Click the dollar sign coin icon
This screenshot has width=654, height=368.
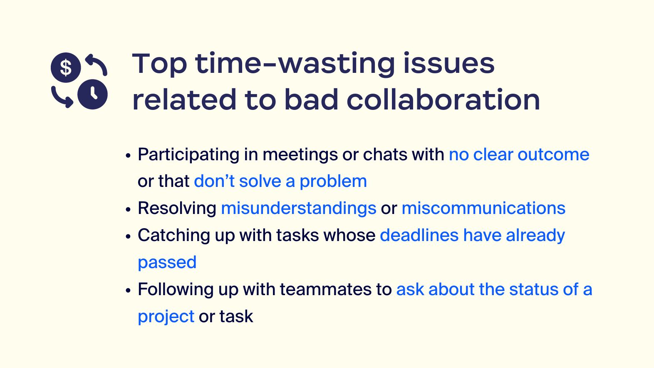click(66, 67)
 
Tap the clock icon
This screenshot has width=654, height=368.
click(92, 94)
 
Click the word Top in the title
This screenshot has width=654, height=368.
click(159, 64)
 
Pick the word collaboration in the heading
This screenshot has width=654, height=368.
click(443, 99)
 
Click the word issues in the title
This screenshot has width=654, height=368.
click(449, 63)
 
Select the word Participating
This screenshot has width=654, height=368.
click(188, 155)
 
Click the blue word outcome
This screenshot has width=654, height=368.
click(553, 154)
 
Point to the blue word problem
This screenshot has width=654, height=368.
click(333, 182)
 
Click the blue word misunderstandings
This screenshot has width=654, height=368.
click(299, 208)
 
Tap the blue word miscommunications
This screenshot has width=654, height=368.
click(483, 208)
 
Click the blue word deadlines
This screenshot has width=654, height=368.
click(419, 235)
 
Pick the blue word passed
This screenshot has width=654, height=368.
click(167, 263)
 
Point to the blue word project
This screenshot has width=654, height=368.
click(166, 317)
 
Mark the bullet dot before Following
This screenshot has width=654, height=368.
click(128, 291)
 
